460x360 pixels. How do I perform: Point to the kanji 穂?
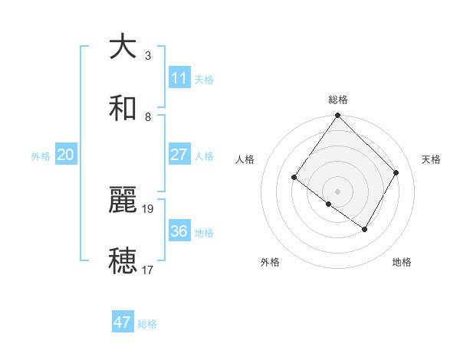[123, 260]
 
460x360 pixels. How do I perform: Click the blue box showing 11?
[179, 78]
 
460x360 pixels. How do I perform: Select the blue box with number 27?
[179, 155]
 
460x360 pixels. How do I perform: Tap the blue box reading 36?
[179, 231]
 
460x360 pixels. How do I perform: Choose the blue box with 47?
[123, 322]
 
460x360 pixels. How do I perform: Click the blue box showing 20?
[66, 155]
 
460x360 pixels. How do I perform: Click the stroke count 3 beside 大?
[148, 55]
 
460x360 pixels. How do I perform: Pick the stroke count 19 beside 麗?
[149, 208]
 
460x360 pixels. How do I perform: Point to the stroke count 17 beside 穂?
[149, 270]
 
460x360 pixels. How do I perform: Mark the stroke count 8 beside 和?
[148, 116]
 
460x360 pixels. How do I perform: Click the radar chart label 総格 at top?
[338, 100]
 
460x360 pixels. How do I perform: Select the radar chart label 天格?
[431, 159]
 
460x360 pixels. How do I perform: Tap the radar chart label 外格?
[270, 262]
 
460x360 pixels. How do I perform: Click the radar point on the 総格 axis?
[337, 116]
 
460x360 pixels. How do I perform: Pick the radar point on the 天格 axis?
[396, 172]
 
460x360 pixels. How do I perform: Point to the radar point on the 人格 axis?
[294, 178]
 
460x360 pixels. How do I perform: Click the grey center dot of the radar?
[337, 191]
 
